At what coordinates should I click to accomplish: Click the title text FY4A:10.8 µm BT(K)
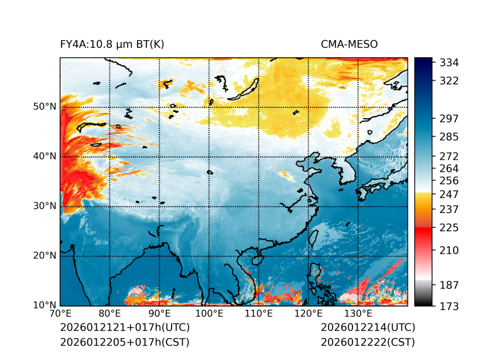[112, 44]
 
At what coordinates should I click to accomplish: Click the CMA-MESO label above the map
[349, 44]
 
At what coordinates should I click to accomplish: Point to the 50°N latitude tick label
[45, 106]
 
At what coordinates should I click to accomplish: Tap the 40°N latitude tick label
[45, 156]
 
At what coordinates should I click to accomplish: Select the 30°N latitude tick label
[45, 205]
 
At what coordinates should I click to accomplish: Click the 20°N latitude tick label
[45, 255]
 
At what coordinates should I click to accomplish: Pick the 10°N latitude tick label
[45, 305]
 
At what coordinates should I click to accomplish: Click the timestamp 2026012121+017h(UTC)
[124, 328]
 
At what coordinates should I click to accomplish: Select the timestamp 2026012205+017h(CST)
[124, 342]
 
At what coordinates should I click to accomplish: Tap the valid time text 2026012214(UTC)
[368, 328]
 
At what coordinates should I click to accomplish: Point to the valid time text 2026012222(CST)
[368, 342]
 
